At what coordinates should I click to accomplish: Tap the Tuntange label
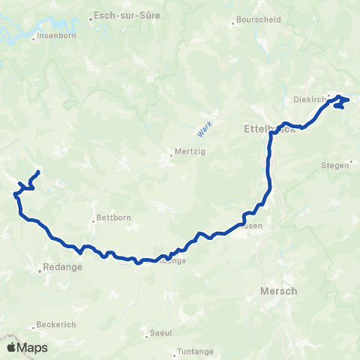click(x=195, y=351)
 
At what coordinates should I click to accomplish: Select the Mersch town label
click(x=278, y=291)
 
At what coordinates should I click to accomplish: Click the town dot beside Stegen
click(x=350, y=162)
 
